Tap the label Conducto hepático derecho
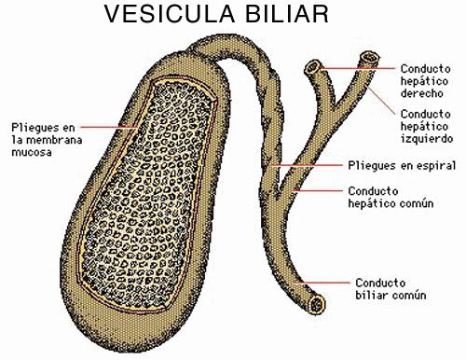pos(426,81)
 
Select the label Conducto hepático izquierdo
pos(426,126)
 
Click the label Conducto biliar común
pos(391,288)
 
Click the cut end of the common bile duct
pos(320,304)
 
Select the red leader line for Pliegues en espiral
pos(312,165)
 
